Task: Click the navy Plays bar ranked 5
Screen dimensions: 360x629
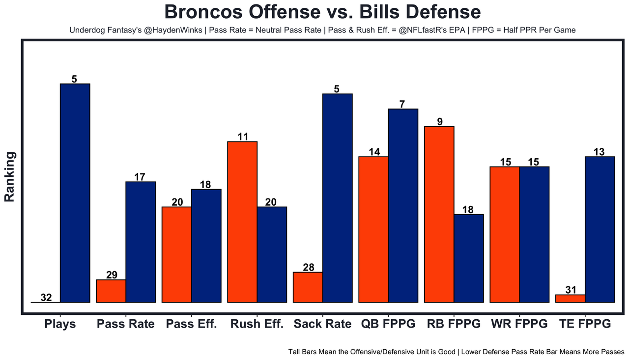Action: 75,193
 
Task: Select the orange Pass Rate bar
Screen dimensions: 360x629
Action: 111,291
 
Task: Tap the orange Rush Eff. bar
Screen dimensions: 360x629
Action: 242,222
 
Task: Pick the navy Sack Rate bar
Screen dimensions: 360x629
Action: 337,198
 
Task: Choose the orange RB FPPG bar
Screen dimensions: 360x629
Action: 439,214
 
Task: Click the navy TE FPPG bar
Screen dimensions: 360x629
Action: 600,229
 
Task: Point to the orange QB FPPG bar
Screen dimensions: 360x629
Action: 373,229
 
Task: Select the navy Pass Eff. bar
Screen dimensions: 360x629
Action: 206,246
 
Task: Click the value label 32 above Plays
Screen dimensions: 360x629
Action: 46,297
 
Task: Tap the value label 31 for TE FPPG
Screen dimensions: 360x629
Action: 571,290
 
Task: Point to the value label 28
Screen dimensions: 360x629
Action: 308,267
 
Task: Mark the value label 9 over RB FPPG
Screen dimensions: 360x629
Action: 439,122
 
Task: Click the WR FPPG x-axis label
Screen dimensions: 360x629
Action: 519,324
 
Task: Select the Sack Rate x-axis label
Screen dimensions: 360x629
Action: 322,324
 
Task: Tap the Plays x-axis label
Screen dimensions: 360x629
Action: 60,324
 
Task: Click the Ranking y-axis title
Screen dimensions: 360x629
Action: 10,177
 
